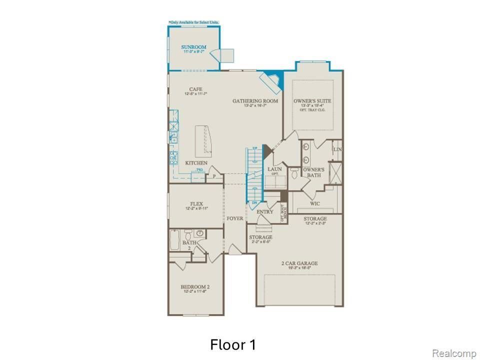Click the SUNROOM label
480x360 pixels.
tap(193, 47)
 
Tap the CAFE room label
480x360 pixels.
tap(195, 89)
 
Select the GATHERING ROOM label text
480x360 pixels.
tap(255, 101)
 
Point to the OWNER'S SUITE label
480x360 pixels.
tap(312, 101)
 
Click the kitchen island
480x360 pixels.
tap(205, 139)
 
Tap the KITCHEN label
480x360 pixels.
tap(196, 163)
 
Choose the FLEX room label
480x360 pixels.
tap(195, 204)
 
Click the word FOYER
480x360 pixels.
tap(234, 218)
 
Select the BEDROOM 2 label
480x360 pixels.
tap(194, 287)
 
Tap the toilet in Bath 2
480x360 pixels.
tap(188, 233)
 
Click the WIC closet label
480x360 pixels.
tap(315, 203)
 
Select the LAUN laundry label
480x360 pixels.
tap(274, 169)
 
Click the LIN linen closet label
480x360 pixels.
tap(337, 149)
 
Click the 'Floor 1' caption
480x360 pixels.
tap(233, 345)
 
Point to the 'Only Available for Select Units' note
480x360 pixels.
tap(193, 22)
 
